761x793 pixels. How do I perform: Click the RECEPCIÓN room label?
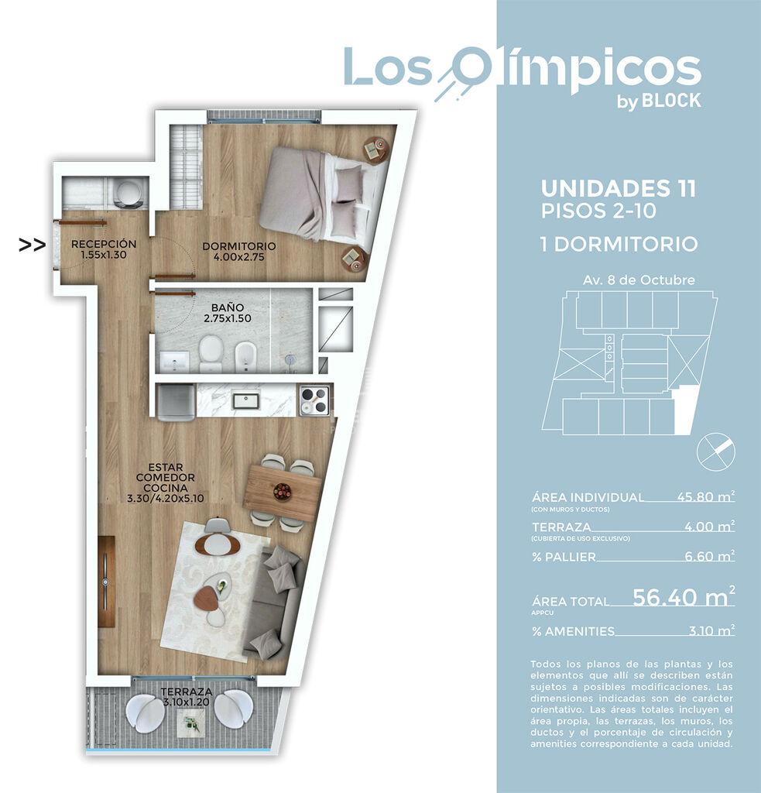coord(104,244)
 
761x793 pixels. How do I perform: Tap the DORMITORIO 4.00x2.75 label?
coord(239,252)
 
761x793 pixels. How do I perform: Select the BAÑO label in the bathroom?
coord(228,307)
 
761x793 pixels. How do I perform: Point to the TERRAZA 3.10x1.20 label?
coord(187,696)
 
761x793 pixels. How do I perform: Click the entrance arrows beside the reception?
coord(32,245)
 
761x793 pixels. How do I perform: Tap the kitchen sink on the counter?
coord(245,401)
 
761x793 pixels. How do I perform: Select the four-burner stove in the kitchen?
coord(314,400)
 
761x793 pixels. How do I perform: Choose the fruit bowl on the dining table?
coord(282,490)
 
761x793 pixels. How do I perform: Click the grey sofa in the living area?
coord(274,601)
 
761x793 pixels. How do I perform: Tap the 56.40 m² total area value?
coord(684,597)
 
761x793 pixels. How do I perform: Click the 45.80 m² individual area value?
coord(706,496)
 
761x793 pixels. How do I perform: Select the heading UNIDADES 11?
coord(619,189)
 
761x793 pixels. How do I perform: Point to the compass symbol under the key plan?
coord(716,451)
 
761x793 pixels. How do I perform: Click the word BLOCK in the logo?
coord(671,101)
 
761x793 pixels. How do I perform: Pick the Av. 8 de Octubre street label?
coord(639,280)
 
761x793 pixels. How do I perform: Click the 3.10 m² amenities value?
coord(712,630)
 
